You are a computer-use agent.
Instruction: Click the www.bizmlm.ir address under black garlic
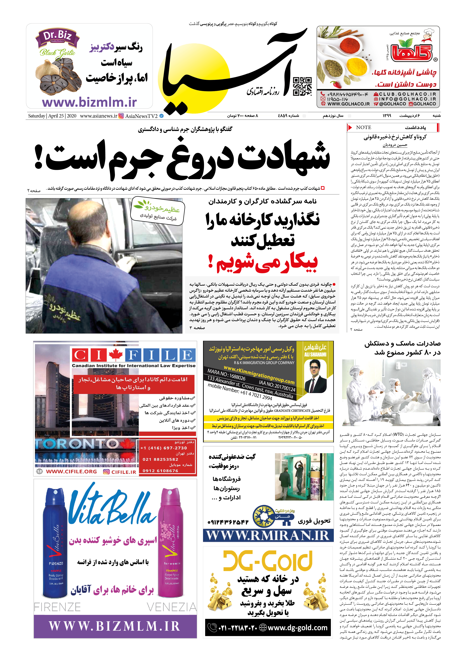tap(89, 102)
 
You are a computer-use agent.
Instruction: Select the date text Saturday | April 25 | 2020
tap(52, 116)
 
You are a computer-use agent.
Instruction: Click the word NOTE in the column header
tap(364, 127)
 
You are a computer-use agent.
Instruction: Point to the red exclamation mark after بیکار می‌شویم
tap(211, 262)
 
